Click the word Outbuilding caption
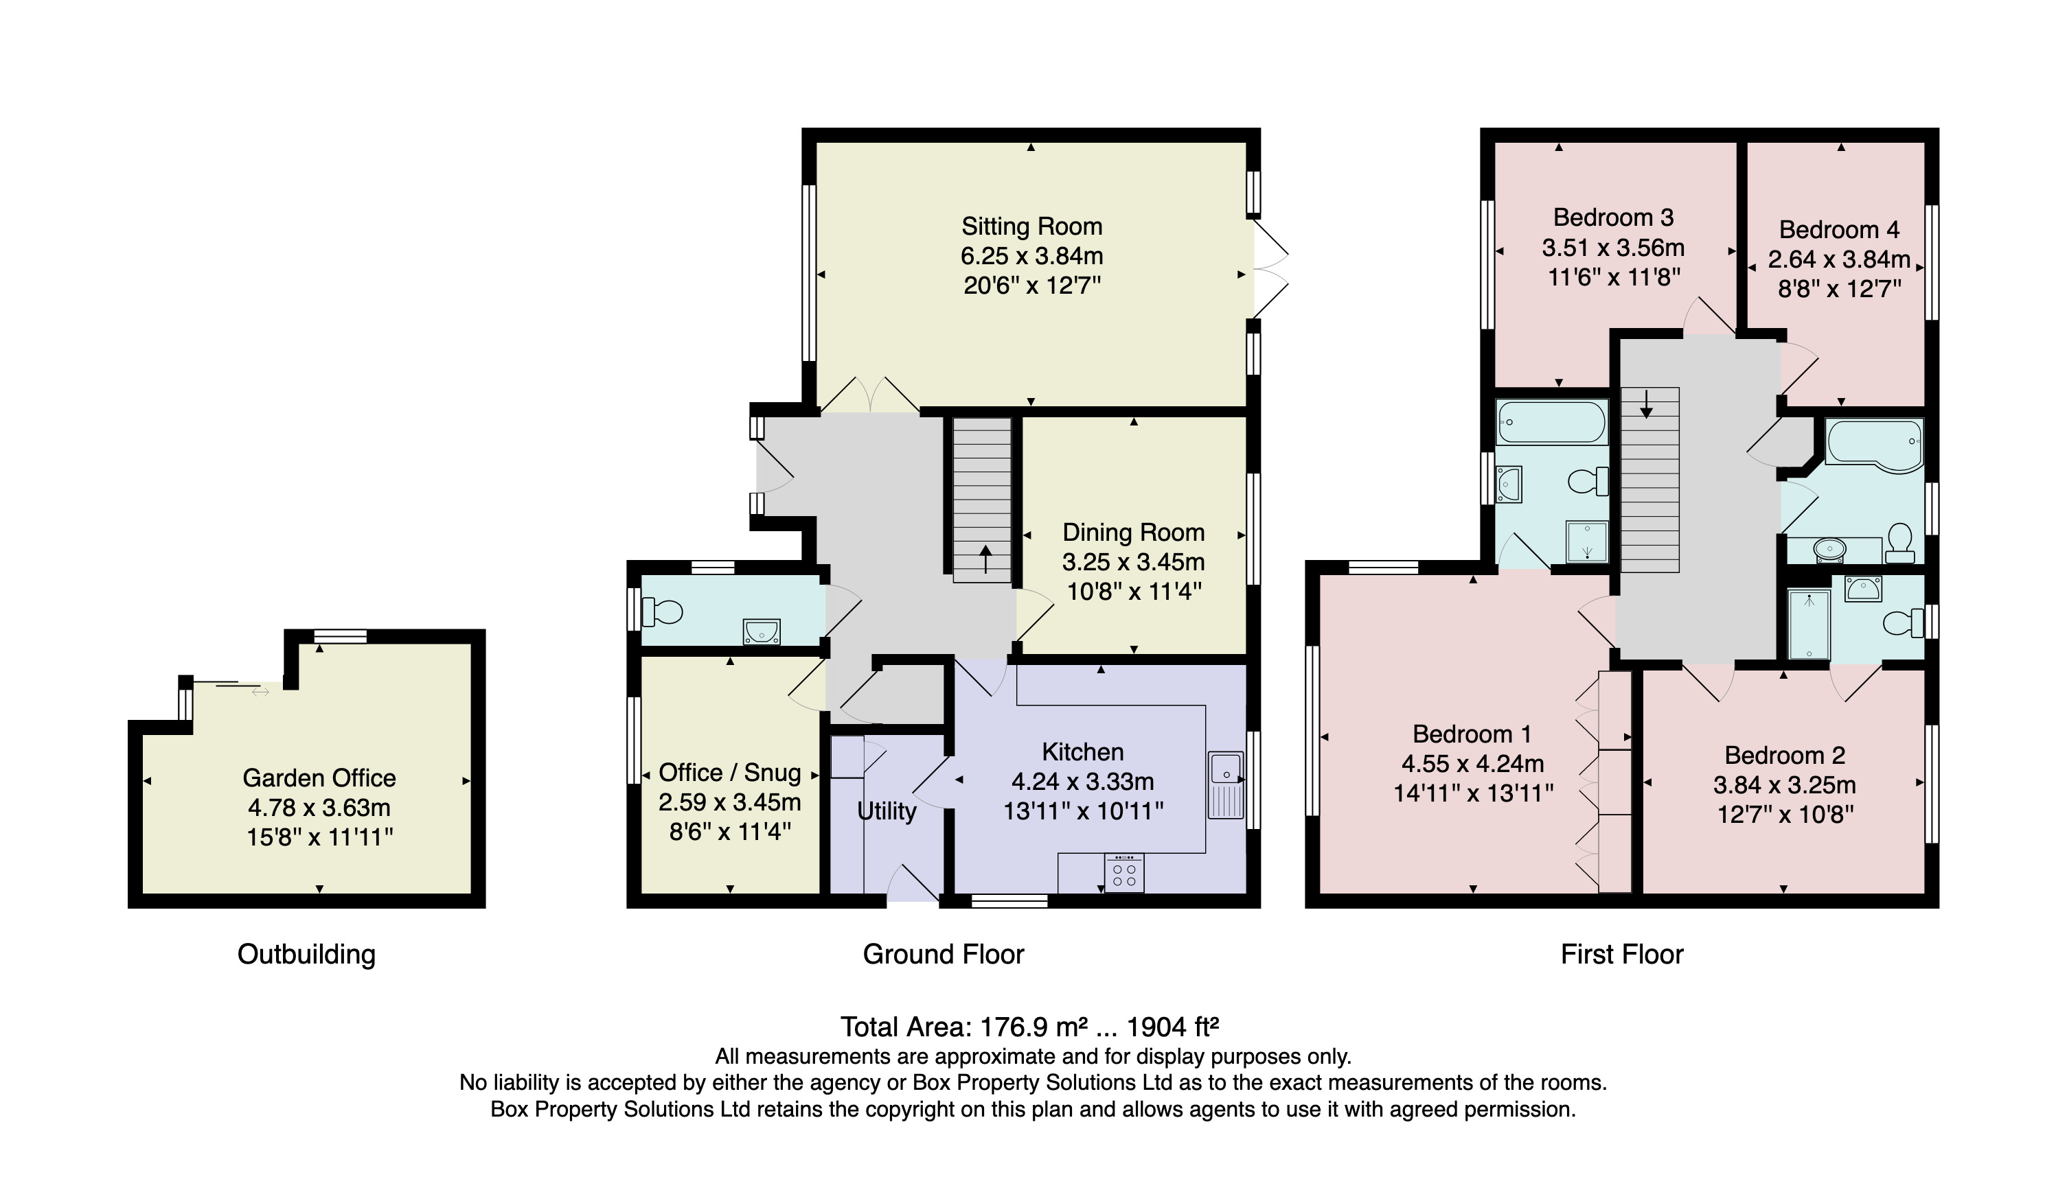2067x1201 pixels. tap(306, 954)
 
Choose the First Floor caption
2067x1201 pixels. tap(1621, 954)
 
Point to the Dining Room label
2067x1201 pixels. tap(1134, 532)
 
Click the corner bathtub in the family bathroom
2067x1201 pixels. tap(1875, 446)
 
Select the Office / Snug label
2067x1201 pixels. tap(729, 772)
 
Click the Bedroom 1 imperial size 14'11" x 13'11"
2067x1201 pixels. tap(1473, 793)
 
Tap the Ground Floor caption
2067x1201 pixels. tap(944, 954)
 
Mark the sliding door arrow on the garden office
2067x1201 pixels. tap(260, 692)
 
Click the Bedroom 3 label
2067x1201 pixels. tap(1612, 218)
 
